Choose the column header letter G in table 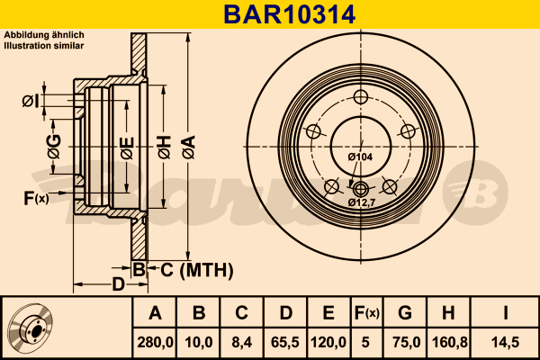coord(404,312)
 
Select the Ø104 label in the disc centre coord(360,158)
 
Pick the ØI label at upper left coord(29,100)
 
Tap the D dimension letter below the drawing coord(117,285)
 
